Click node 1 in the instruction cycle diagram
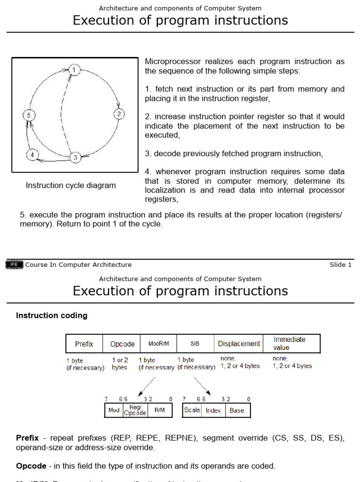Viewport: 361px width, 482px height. pos(74,70)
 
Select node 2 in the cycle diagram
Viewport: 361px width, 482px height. pos(119,114)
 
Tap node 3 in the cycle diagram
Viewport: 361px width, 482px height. pos(75,158)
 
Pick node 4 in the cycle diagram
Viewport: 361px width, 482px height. pos(32,155)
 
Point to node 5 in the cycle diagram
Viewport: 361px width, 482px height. pos(28,115)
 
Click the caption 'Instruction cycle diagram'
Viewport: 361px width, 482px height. pos(71,185)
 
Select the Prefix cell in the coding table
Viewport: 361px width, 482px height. pos(84,344)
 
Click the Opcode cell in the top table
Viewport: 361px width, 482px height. pos(122,344)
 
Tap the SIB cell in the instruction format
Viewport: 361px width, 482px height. pos(195,344)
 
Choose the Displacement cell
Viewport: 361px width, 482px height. pos(239,344)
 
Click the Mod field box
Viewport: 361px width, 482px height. pos(114,410)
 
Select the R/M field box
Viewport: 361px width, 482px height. pos(159,410)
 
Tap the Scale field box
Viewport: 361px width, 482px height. pos(192,410)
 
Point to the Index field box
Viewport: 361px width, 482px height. pos(213,410)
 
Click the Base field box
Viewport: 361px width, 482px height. pos(237,410)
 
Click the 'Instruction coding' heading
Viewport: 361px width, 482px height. pos(52,316)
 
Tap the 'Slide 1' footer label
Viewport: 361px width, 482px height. pos(340,265)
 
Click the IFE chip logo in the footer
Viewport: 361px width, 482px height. pos(14,265)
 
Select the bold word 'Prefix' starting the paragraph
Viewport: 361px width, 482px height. pos(27,438)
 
